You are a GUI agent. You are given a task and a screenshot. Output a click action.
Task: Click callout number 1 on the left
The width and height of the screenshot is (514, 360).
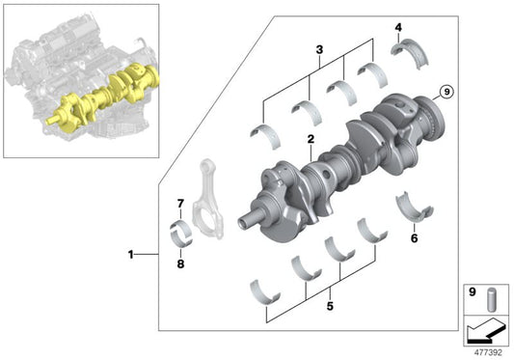coord(131,256)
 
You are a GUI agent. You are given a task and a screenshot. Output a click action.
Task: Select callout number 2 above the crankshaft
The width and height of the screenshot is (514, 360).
coord(311,140)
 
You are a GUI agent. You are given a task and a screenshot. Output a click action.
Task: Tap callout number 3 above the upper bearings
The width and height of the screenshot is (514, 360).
coord(317,49)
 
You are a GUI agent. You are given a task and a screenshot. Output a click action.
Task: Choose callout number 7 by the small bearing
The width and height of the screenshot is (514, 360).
coord(179,203)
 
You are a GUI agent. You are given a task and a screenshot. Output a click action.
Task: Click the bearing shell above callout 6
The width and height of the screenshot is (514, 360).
coord(411,208)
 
